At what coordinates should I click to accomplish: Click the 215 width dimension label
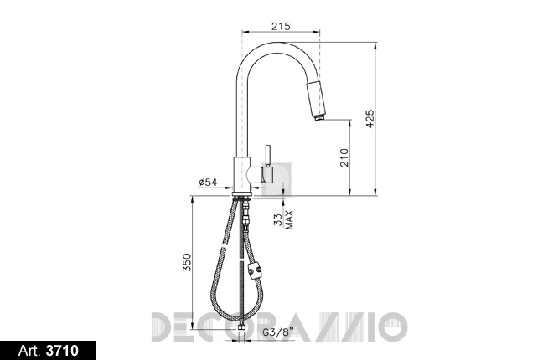(281, 26)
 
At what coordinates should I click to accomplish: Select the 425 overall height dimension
(370, 119)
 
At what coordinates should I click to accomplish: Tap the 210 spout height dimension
(344, 157)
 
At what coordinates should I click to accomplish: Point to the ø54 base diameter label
(208, 183)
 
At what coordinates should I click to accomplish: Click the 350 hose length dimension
(187, 262)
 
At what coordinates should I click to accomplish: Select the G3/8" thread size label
(279, 332)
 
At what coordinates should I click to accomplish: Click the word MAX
(289, 220)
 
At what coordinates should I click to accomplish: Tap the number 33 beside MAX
(279, 220)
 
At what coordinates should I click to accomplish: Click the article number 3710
(63, 351)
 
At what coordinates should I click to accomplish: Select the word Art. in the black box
(29, 351)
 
